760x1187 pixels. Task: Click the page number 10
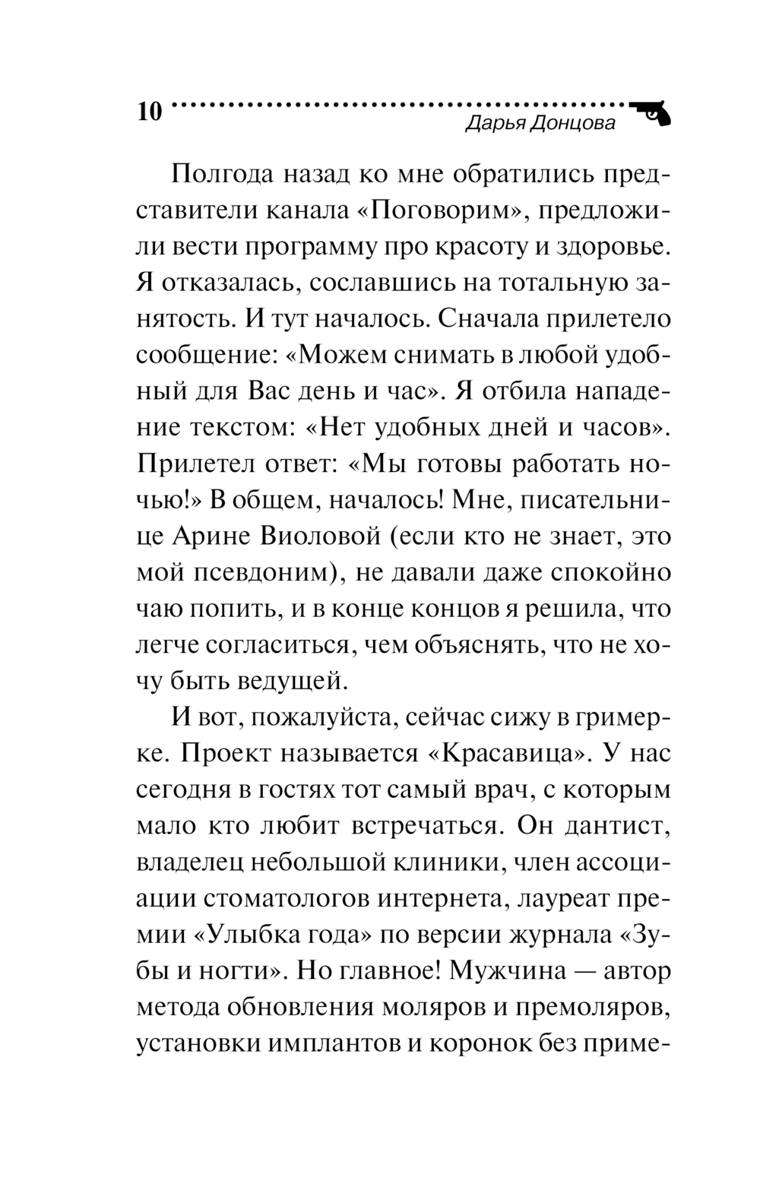tap(149, 112)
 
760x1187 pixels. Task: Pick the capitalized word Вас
tap(271, 391)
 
